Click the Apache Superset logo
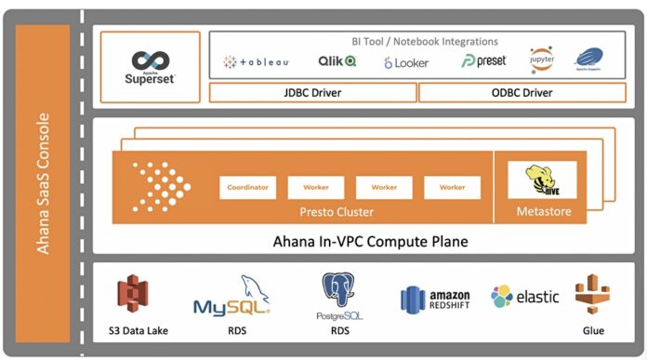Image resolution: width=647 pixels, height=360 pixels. [x=150, y=66]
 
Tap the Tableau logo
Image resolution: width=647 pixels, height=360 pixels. [x=257, y=61]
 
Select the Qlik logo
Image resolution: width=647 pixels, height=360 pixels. [x=337, y=61]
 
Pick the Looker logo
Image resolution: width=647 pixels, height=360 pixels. [x=406, y=62]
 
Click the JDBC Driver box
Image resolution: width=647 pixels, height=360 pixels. [x=312, y=93]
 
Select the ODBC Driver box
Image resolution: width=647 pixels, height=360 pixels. [x=522, y=93]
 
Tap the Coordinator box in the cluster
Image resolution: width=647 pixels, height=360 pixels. [x=248, y=187]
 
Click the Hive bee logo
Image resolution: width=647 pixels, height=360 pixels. [x=542, y=179]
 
